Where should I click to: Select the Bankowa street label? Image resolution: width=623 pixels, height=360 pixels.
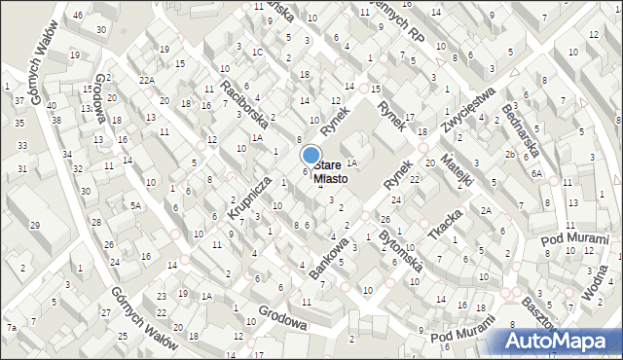(328, 259)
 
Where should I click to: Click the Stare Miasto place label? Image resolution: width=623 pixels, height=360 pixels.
(327, 172)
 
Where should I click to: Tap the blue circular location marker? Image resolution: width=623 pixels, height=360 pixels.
(311, 154)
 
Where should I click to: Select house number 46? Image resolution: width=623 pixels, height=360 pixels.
(78, 16)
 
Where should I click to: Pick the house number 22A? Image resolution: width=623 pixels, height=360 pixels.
(147, 80)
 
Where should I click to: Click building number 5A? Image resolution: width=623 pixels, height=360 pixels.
(137, 205)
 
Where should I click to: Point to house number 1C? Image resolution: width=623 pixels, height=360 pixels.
(257, 53)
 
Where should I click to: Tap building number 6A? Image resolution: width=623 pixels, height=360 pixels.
(536, 172)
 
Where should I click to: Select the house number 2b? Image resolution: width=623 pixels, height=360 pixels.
(509, 155)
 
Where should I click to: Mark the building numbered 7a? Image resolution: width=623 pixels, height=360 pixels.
(12, 328)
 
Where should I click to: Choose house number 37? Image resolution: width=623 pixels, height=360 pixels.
(18, 100)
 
